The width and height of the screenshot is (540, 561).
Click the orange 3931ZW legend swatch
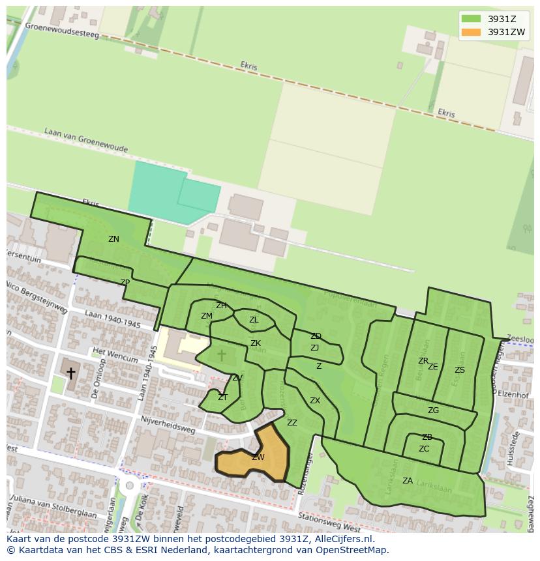470,32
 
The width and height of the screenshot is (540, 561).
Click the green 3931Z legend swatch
470,19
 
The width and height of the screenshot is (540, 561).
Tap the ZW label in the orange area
258,457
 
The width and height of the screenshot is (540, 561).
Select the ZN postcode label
113,239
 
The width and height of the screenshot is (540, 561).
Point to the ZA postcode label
408,481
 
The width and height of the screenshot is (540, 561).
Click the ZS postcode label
460,370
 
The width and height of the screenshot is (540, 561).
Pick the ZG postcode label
433,410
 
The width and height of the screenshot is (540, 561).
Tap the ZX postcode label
315,401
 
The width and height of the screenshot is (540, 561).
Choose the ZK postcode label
256,343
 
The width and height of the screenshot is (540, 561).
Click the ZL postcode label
254,320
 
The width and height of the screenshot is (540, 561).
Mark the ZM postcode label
207,316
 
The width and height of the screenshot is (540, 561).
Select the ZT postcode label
223,397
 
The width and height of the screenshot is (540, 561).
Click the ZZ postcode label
292,423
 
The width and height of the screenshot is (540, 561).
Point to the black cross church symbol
70,373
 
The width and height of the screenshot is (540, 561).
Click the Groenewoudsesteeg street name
62,30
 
